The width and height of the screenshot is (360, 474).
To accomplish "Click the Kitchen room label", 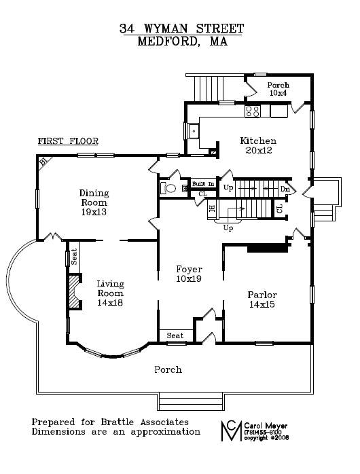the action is [x=258, y=141].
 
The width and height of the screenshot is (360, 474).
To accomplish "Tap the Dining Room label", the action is [x=94, y=198].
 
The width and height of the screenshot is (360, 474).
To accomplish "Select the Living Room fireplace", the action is [x=74, y=291].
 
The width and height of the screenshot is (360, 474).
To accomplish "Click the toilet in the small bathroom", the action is [x=168, y=188].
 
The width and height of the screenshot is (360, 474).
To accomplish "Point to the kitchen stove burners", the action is [x=253, y=111].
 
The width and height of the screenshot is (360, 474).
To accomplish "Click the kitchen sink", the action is [x=193, y=131].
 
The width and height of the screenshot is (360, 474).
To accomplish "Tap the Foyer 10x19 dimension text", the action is [x=189, y=278].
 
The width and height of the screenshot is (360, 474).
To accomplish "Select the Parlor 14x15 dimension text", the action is [x=262, y=304].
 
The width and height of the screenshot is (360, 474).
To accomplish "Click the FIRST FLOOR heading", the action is [x=68, y=141].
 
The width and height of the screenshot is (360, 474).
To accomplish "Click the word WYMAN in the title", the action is [x=166, y=29].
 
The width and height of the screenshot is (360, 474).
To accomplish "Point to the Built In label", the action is [x=203, y=184].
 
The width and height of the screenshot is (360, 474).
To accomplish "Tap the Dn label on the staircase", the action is [x=285, y=189].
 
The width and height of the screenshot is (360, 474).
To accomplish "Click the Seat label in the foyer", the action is [x=175, y=335].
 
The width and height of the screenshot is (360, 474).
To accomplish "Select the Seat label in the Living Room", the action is [x=74, y=257].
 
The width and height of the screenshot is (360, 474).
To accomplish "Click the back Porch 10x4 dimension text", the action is [x=278, y=93].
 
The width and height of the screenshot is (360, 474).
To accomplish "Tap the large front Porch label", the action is [x=168, y=369].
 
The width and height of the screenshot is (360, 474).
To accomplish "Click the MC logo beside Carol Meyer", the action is [x=231, y=431].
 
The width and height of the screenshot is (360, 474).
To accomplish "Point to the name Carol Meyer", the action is [x=266, y=426].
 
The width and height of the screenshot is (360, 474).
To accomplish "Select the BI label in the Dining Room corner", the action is [x=43, y=162].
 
